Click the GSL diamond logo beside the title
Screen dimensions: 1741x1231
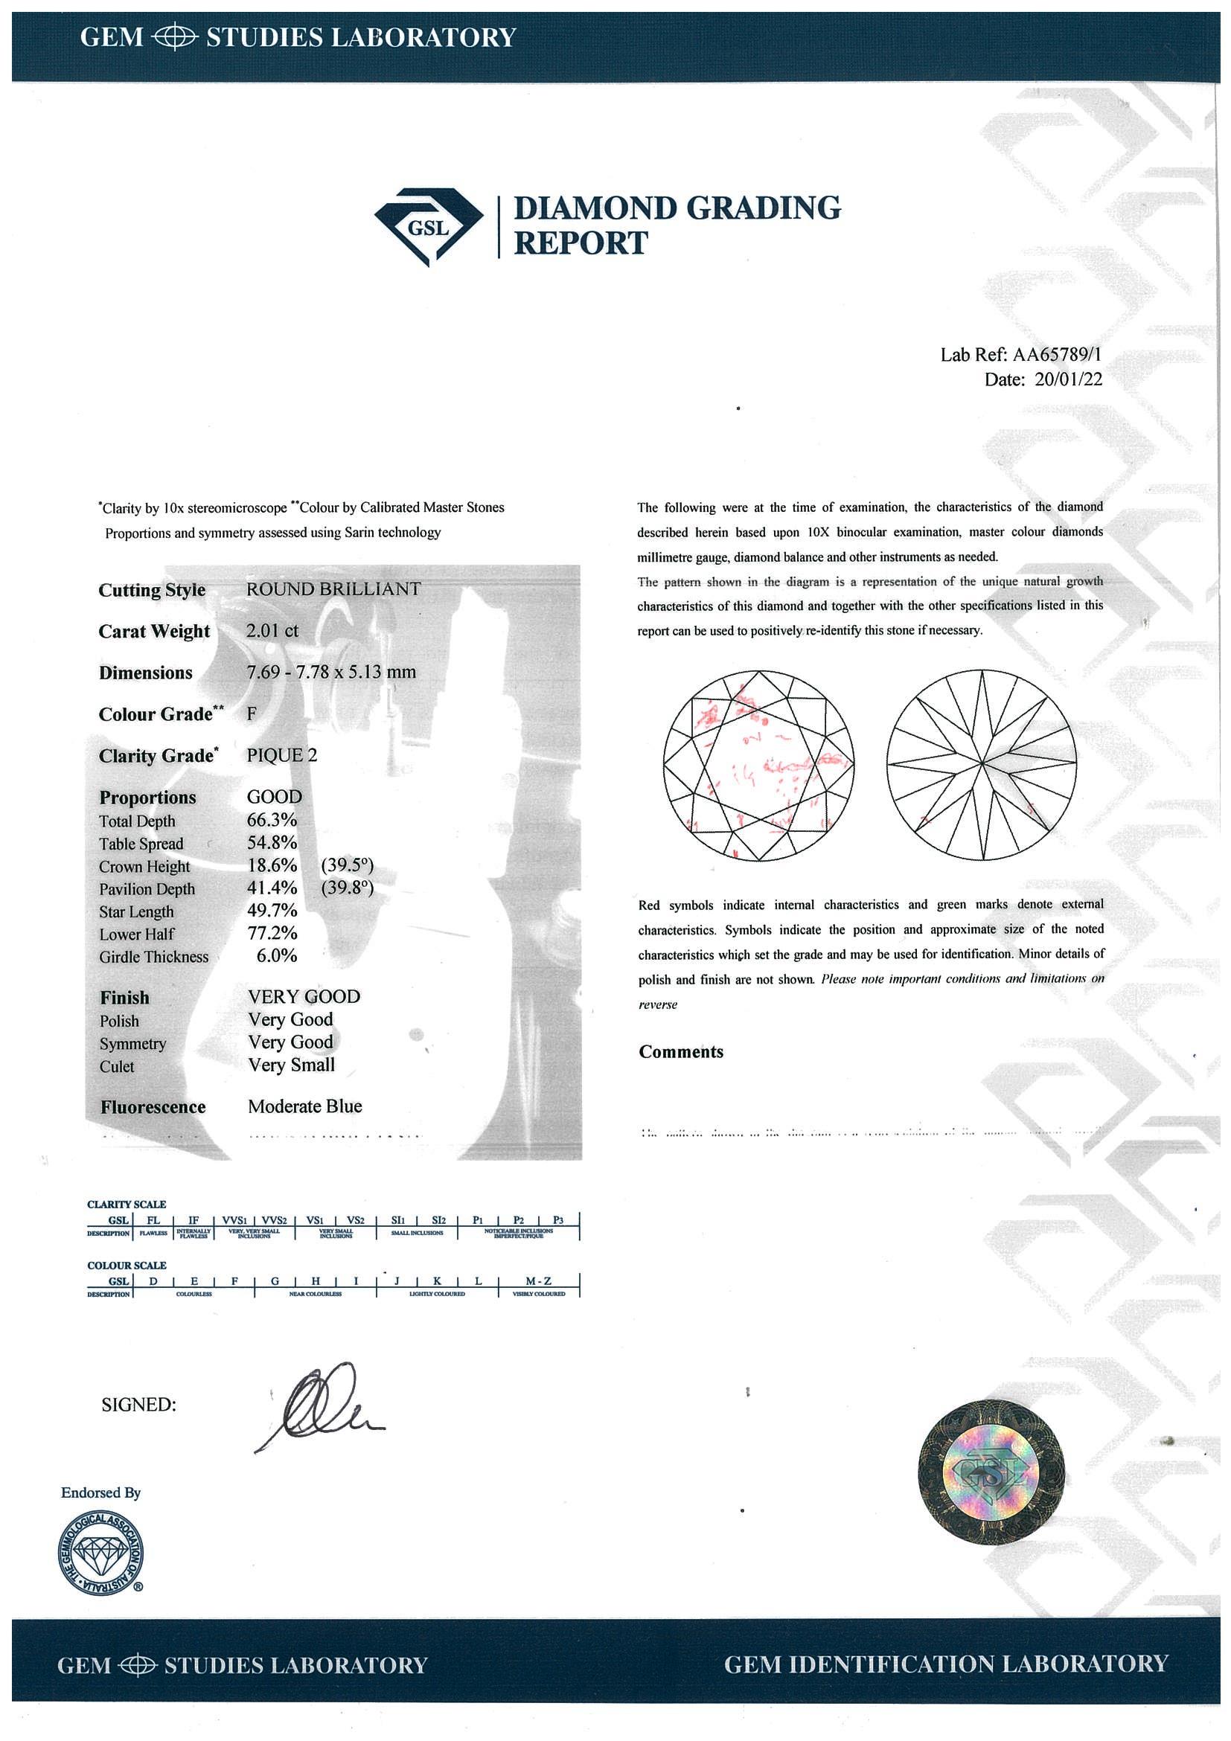[429, 227]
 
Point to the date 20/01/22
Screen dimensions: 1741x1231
[1068, 380]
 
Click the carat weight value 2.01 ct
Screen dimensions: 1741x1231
[273, 631]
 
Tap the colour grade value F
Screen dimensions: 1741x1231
[252, 714]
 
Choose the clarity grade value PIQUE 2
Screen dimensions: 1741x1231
[282, 755]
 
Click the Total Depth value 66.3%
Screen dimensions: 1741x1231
[272, 820]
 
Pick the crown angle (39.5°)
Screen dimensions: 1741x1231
[348, 866]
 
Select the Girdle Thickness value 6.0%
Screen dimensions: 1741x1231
[276, 956]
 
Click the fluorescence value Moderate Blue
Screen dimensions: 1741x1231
[305, 1106]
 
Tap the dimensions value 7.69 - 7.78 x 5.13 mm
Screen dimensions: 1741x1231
[331, 672]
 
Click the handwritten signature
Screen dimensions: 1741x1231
[319, 1403]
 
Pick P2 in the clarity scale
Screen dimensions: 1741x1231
[519, 1220]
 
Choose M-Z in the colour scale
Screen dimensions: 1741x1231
[539, 1280]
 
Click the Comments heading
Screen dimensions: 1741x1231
[681, 1052]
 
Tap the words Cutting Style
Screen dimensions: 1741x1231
[152, 590]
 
